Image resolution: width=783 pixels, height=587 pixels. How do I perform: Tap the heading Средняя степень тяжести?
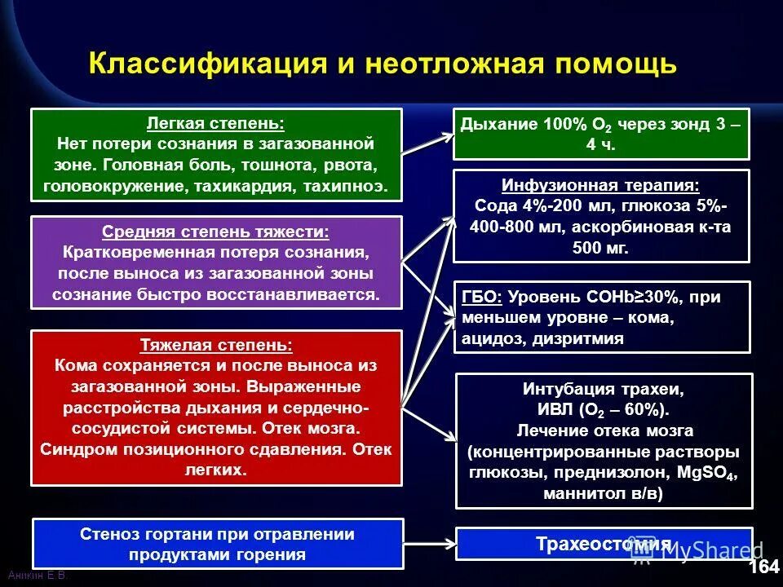pos(216,232)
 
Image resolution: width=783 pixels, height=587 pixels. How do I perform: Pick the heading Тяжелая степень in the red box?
pos(216,346)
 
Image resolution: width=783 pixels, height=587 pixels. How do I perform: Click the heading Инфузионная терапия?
pos(601,185)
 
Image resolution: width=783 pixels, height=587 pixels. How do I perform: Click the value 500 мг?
pos(601,249)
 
